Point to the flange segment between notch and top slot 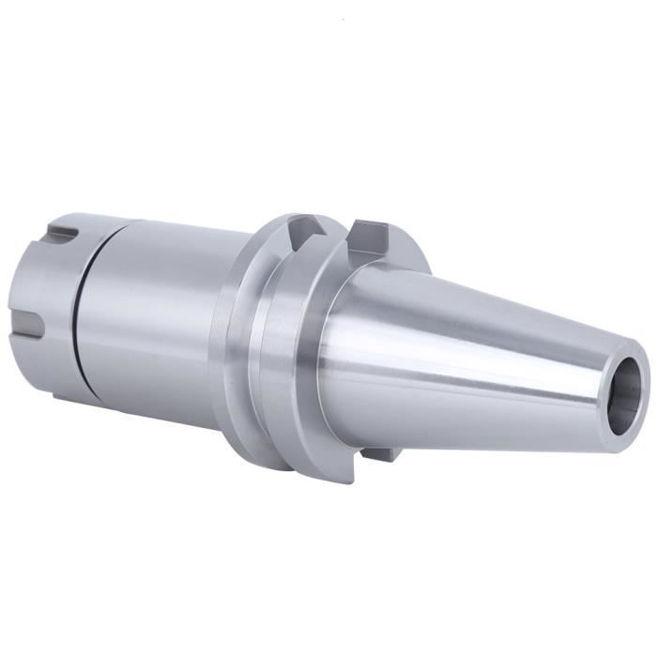[x=338, y=235]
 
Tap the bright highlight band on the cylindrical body [x=141, y=272]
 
